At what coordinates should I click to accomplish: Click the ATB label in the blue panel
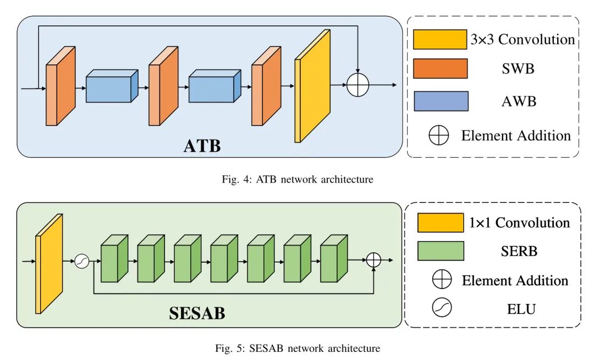tap(202, 146)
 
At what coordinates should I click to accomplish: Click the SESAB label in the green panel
tap(197, 314)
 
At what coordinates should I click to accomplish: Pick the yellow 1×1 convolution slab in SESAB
tap(48, 264)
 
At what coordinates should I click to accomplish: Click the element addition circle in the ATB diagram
tap(358, 86)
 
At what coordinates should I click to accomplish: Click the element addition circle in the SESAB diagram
tap(373, 261)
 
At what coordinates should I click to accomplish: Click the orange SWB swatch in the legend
tap(440, 69)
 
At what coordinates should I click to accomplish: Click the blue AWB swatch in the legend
tap(440, 101)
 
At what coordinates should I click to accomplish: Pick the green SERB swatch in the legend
tap(441, 251)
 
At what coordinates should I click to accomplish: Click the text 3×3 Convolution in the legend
tap(522, 40)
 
